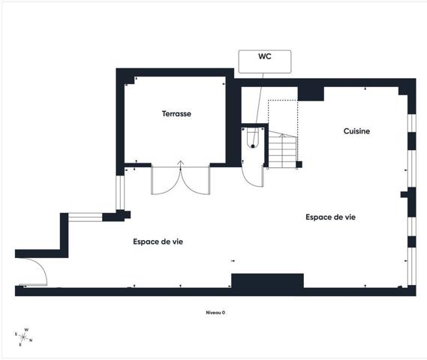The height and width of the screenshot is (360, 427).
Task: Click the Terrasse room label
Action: click(176, 114)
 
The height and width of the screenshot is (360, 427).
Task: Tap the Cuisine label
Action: click(356, 131)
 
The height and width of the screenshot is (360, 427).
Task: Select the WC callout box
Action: click(265, 61)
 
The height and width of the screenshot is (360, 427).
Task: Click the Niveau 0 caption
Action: click(215, 313)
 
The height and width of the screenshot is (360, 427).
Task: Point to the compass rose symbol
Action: click(23, 337)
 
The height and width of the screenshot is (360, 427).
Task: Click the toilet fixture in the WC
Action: click(253, 139)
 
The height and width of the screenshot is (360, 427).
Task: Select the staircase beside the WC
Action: click(283, 150)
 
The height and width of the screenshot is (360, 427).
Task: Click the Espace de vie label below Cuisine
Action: click(331, 217)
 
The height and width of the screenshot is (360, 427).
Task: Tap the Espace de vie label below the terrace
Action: click(158, 241)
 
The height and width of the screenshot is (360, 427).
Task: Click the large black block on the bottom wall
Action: click(267, 280)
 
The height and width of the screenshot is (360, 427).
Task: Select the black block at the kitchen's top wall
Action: click(311, 94)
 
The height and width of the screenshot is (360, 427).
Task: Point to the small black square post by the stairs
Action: click(299, 164)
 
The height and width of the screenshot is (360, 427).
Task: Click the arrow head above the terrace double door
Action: click(181, 163)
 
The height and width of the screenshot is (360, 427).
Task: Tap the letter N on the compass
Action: click(31, 340)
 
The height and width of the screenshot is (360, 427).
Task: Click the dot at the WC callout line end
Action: click(253, 146)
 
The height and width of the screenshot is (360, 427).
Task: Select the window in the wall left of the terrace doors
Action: click(120, 193)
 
